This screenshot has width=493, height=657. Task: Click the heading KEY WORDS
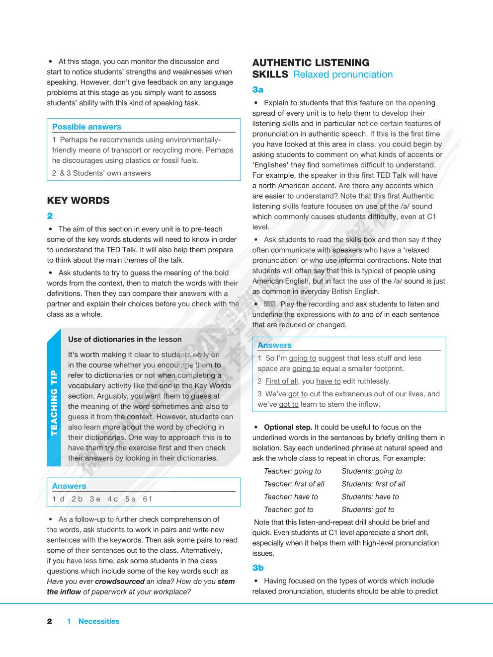pos(78,201)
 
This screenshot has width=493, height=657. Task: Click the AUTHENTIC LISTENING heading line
pos(311,63)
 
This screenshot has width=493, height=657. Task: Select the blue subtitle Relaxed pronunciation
pos(343,74)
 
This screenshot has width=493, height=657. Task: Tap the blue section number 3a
pos(257,90)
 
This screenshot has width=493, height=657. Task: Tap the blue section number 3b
pos(257,568)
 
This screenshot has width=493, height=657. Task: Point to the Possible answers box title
pos(86,127)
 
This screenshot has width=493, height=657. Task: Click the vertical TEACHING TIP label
pos(54,403)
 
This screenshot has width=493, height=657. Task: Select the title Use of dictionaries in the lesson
pos(125,339)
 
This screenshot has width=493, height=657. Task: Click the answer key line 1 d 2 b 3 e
pos(102,499)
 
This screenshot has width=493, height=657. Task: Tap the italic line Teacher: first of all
pos(294,484)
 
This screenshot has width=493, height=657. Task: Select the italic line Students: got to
pos(368,510)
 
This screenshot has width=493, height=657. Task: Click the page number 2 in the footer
pos(49,621)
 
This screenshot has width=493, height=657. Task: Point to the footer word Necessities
pos(99,621)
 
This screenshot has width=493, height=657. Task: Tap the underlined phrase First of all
pos(281,381)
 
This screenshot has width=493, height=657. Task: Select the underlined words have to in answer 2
pos(328,381)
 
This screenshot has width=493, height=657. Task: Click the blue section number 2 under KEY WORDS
pos(50,216)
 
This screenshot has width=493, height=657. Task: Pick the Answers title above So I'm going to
pos(274,345)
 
